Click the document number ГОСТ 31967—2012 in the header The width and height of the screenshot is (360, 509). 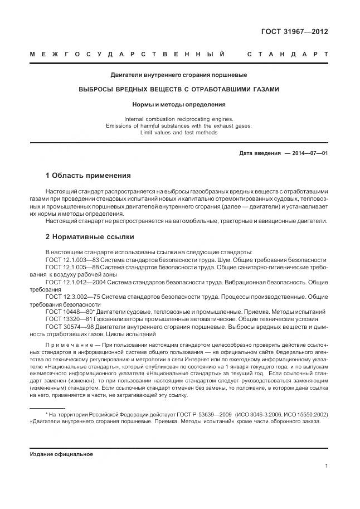click(x=294, y=31)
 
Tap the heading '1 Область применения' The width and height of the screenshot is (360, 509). click(x=87, y=175)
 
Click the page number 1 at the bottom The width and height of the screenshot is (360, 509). click(x=325, y=466)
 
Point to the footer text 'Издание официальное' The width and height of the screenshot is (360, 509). click(x=61, y=454)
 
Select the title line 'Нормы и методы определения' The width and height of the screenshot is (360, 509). click(x=178, y=104)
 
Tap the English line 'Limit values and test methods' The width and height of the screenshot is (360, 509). click(x=178, y=133)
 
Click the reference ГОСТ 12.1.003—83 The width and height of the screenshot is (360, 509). click(x=72, y=260)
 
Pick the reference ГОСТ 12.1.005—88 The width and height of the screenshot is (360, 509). click(x=72, y=268)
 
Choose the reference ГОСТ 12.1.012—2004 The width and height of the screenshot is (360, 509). click(x=75, y=283)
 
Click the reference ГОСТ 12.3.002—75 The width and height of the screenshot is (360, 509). click(x=72, y=298)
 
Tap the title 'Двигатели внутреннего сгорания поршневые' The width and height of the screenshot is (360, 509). click(x=178, y=75)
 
